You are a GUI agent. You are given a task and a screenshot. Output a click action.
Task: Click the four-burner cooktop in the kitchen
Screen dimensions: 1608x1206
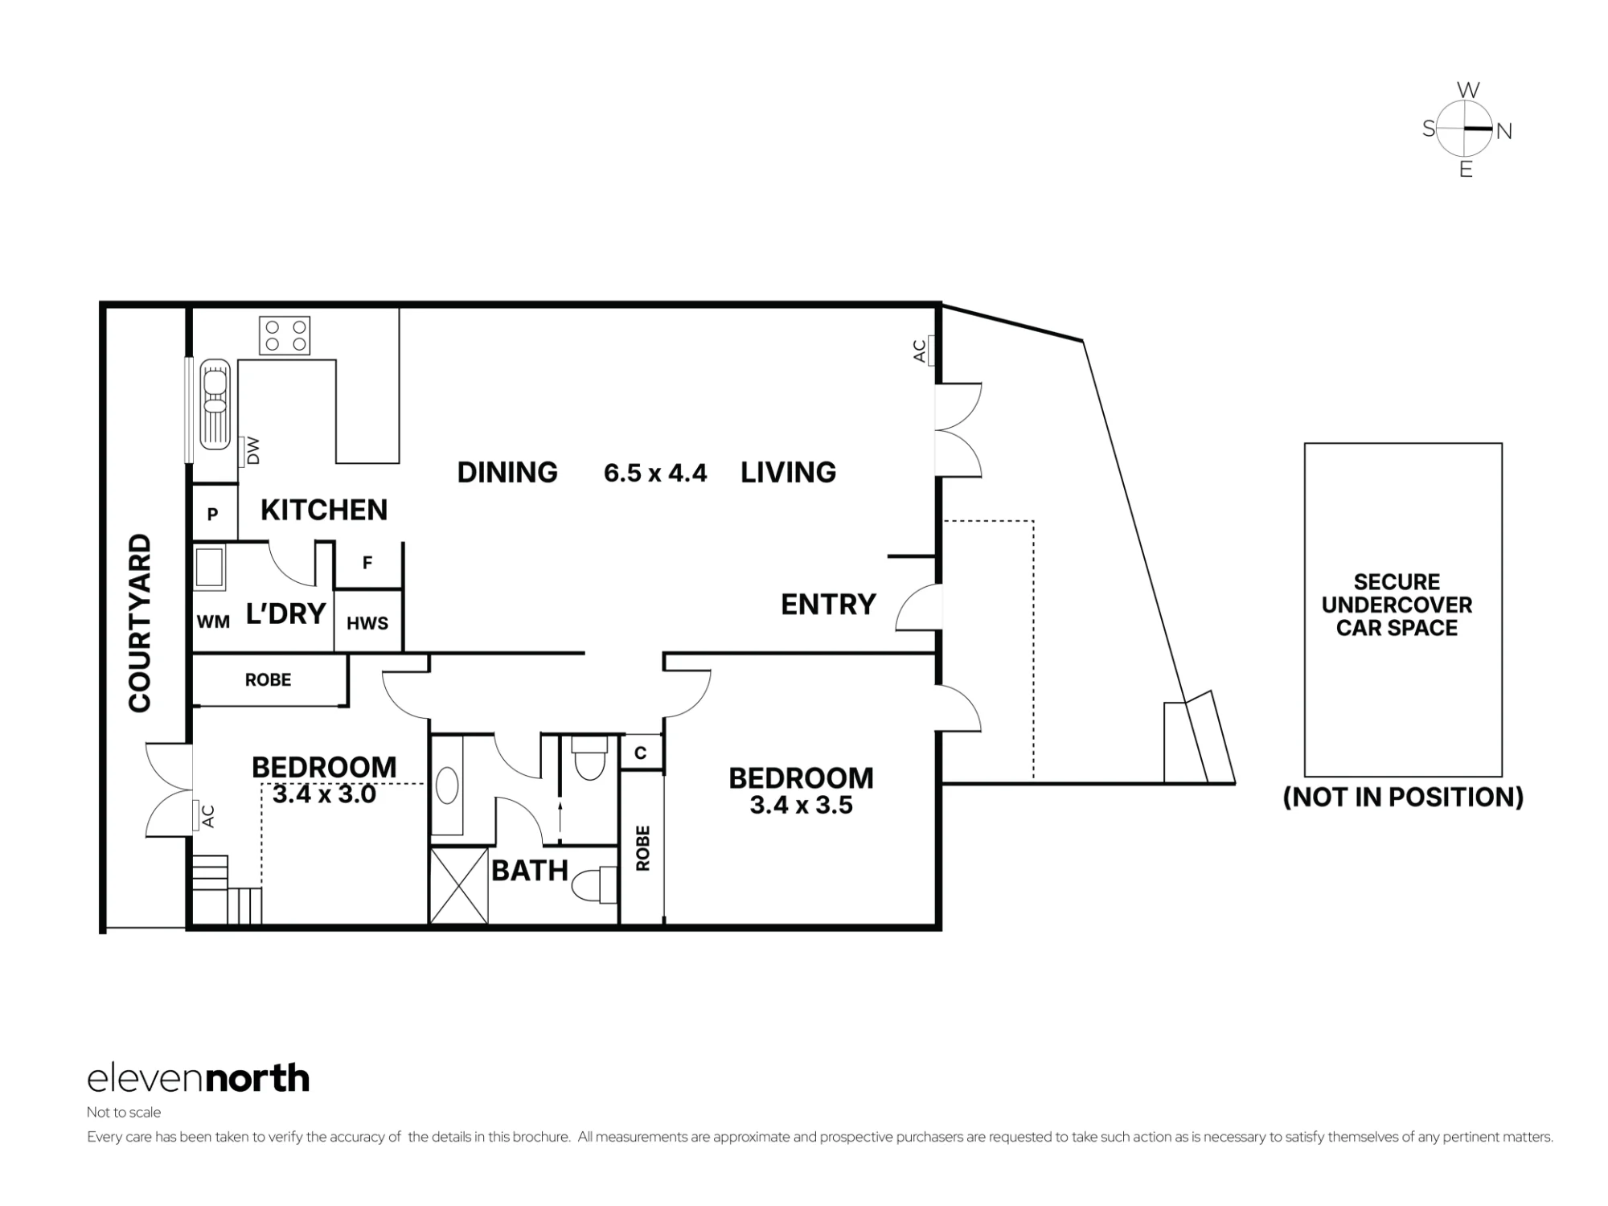pyautogui.click(x=285, y=335)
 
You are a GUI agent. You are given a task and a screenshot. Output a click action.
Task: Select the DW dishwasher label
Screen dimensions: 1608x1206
pyautogui.click(x=253, y=450)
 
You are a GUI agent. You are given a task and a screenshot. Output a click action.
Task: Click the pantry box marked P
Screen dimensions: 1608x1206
pyautogui.click(x=213, y=513)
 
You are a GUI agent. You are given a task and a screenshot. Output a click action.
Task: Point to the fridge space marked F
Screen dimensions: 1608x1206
pyautogui.click(x=367, y=563)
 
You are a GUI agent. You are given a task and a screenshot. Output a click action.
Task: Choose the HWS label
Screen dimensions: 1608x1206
pyautogui.click(x=367, y=623)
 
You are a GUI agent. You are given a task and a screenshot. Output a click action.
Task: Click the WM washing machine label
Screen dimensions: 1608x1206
pyautogui.click(x=213, y=621)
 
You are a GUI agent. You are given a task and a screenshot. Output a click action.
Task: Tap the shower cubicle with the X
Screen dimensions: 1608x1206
pyautogui.click(x=459, y=885)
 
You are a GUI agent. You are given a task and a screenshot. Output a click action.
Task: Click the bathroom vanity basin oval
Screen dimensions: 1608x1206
pyautogui.click(x=447, y=786)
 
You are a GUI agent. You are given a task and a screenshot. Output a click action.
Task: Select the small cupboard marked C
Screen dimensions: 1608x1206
pyautogui.click(x=641, y=753)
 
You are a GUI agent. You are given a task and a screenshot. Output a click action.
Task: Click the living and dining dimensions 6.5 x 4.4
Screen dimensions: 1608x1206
pyautogui.click(x=655, y=473)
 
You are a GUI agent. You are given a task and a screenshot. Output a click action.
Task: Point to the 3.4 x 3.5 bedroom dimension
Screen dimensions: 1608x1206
pyautogui.click(x=801, y=805)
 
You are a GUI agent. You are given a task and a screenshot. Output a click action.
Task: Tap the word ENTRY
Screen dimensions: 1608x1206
pyautogui.click(x=828, y=605)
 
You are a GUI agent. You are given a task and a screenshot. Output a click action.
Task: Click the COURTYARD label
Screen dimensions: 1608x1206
pyautogui.click(x=140, y=623)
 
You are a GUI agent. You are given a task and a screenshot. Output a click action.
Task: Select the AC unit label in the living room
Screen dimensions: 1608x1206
pyautogui.click(x=920, y=351)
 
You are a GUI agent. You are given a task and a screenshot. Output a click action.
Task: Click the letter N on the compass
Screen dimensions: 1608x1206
pyautogui.click(x=1503, y=131)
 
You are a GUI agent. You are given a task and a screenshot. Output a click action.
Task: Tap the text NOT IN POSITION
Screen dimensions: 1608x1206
pyautogui.click(x=1403, y=797)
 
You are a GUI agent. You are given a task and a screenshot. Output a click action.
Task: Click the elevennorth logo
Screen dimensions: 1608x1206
pyautogui.click(x=198, y=1078)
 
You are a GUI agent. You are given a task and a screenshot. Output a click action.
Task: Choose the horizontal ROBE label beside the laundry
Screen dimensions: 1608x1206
pyautogui.click(x=268, y=680)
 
